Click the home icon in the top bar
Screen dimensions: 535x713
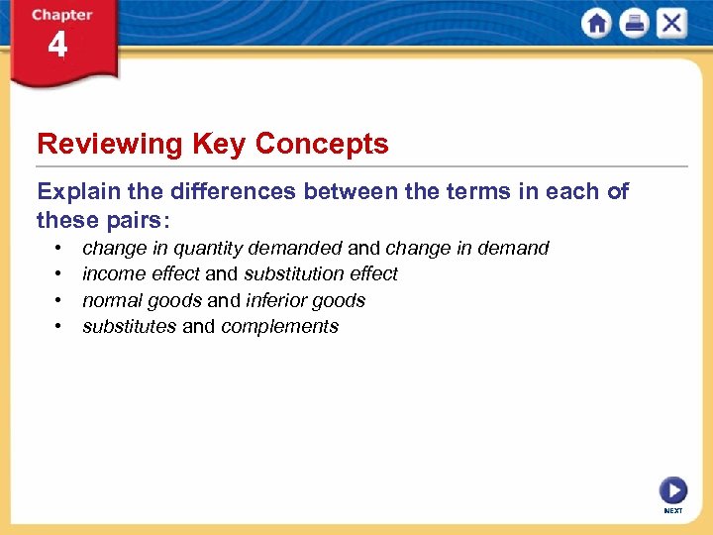pos(596,24)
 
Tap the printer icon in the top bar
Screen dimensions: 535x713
pos(634,24)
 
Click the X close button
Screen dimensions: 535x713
pos(671,24)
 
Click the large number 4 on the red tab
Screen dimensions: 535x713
pos(57,47)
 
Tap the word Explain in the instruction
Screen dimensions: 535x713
pos(75,192)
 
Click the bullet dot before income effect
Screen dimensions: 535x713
pos(60,274)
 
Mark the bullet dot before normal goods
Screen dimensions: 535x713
pos(60,300)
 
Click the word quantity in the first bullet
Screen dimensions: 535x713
pos(207,249)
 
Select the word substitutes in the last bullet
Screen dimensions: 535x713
pos(129,327)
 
